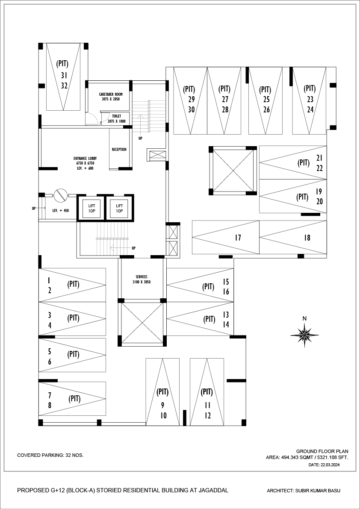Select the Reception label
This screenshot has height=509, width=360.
(119, 150)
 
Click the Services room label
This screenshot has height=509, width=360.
(142, 280)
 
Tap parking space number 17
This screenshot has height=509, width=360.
(238, 238)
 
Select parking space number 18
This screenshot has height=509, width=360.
(307, 238)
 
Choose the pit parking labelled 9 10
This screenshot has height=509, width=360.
(162, 404)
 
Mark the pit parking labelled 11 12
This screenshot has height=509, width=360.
(207, 404)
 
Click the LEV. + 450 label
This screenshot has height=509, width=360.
(60, 211)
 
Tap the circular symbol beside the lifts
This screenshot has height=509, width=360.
(60, 196)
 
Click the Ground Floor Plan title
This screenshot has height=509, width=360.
(322, 451)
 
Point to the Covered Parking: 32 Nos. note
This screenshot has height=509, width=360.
(50, 455)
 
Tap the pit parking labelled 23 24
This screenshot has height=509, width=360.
(310, 99)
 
